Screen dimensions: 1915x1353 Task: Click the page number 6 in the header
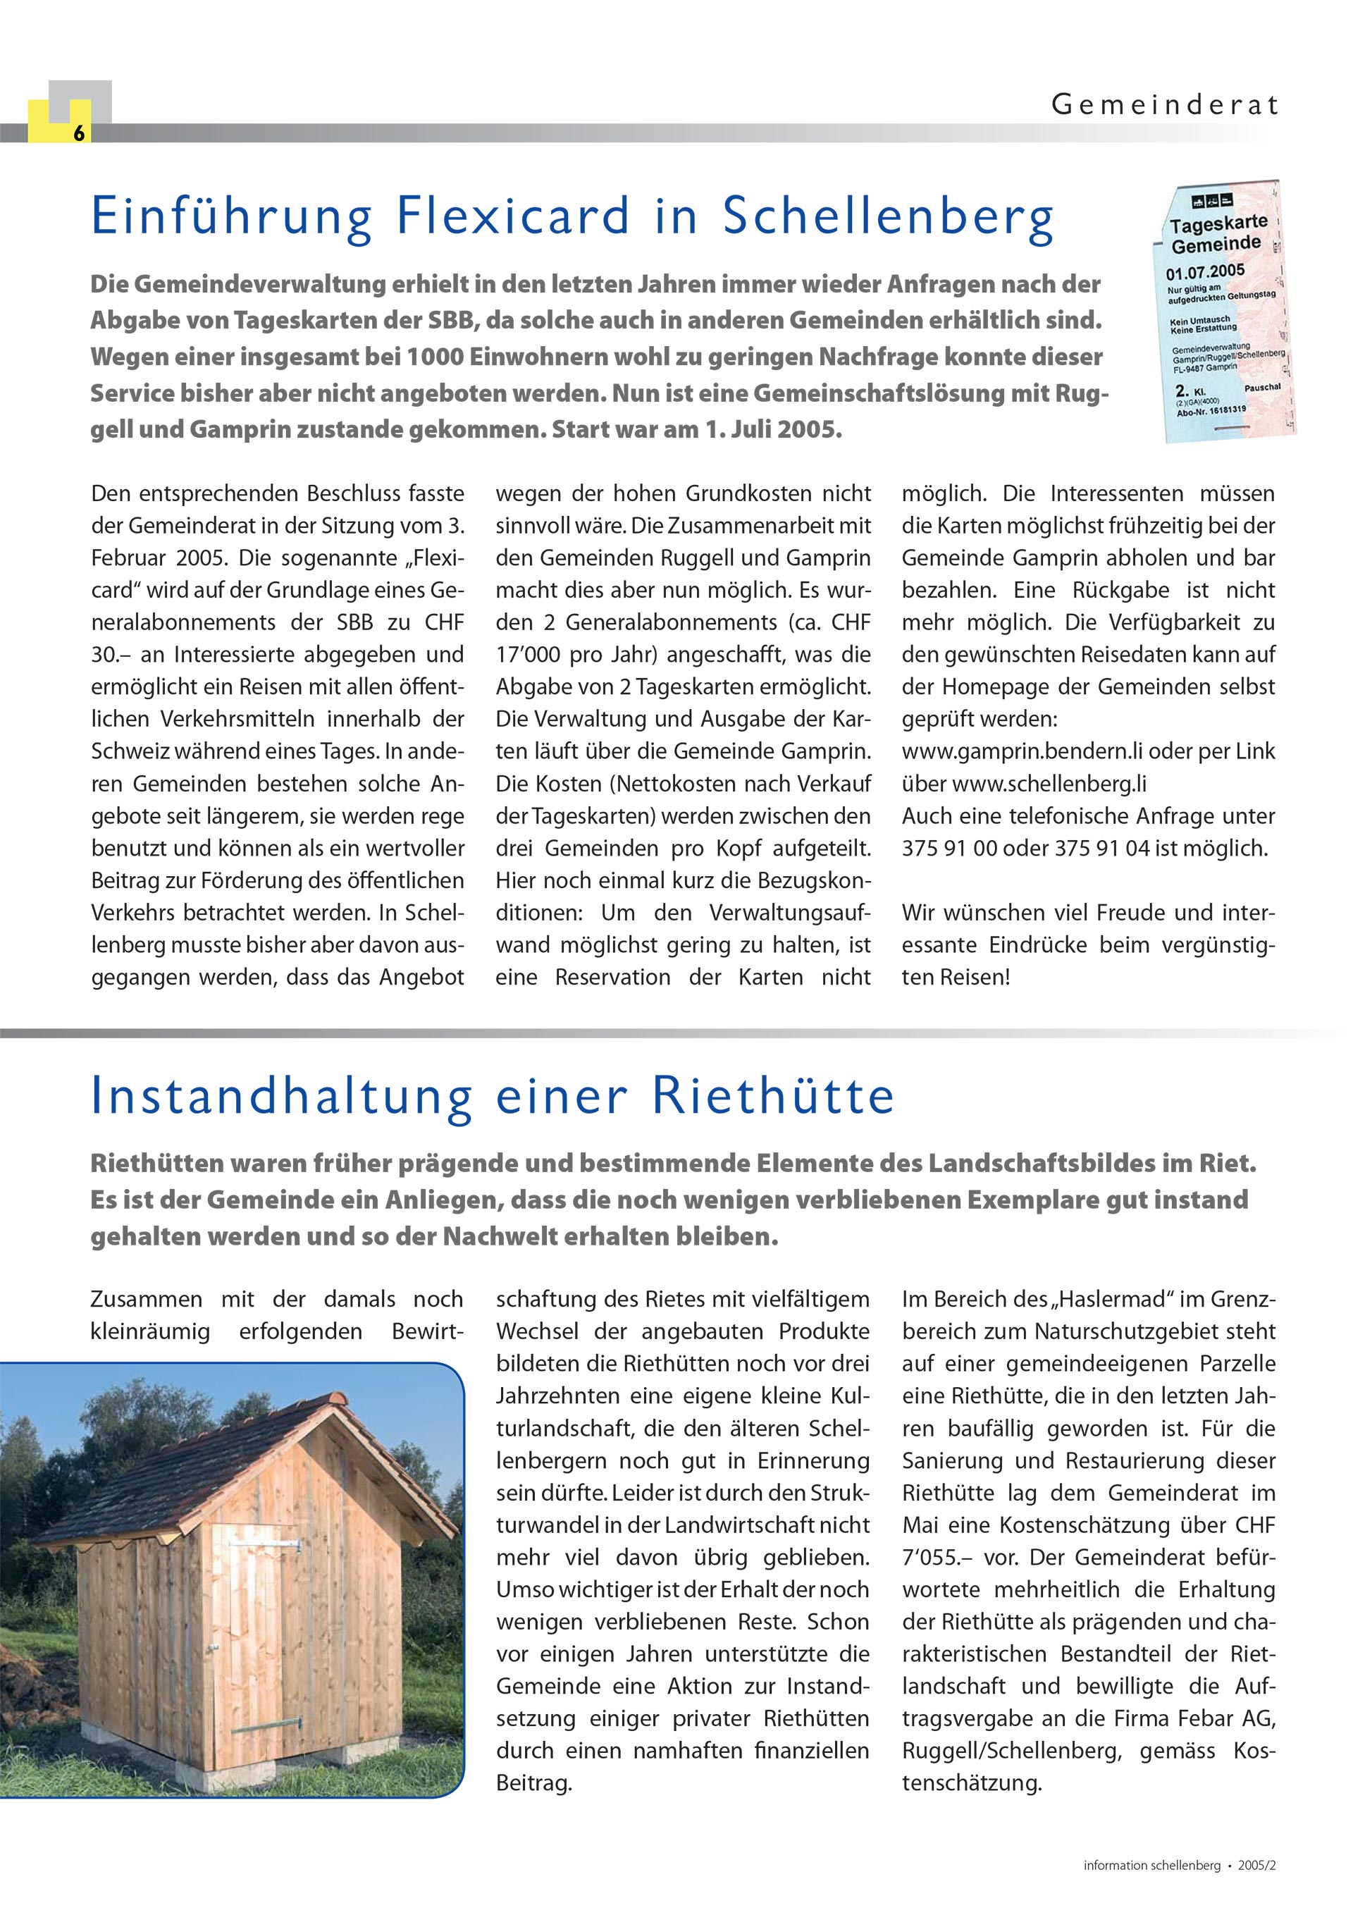pyautogui.click(x=78, y=133)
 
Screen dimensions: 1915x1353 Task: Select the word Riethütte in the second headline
pyautogui.click(x=773, y=1096)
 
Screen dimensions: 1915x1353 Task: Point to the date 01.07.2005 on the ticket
pyautogui.click(x=1204, y=273)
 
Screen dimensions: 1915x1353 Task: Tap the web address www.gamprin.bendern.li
pyautogui.click(x=1022, y=751)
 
